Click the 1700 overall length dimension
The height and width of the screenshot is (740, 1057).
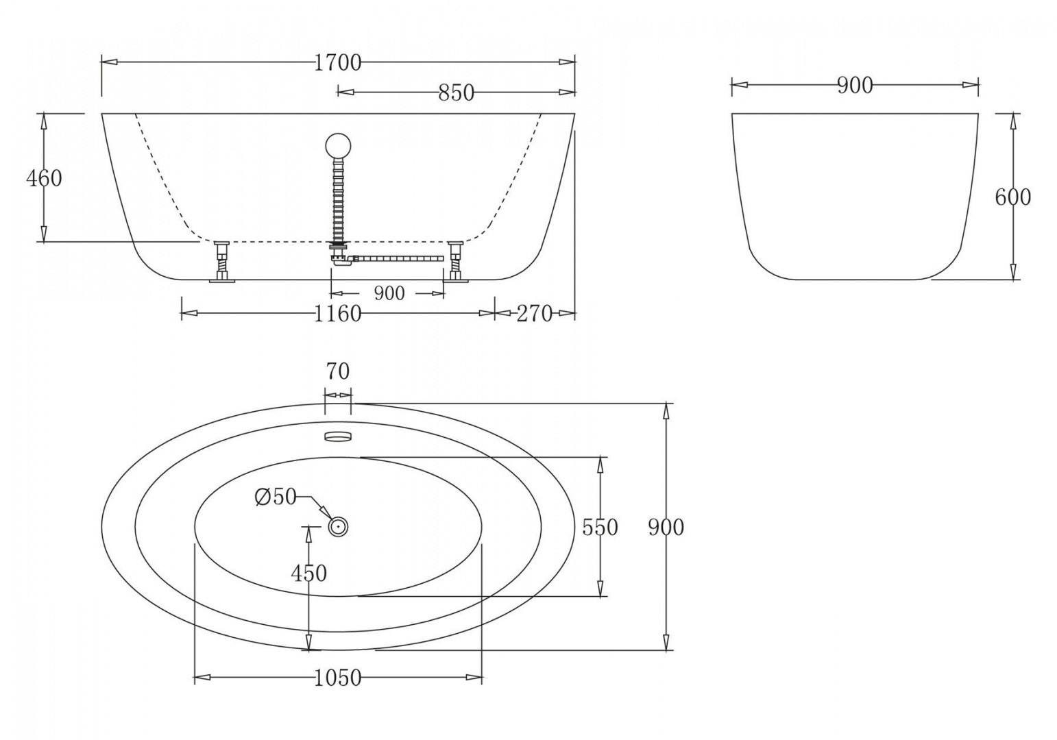pos(337,62)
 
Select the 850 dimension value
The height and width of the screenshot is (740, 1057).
pos(456,92)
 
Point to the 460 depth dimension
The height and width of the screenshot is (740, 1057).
pos(44,178)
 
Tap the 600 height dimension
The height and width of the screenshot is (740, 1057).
pos(1012,197)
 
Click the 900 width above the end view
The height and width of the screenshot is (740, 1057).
pos(855,86)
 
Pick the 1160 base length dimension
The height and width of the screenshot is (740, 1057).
pos(337,314)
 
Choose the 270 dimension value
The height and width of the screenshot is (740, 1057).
pos(534,314)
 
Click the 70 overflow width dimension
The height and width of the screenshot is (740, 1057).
pos(337,371)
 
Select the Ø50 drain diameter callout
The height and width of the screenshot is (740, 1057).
pos(275,497)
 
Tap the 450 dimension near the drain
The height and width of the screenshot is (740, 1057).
pos(308,573)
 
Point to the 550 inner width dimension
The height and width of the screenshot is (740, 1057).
pos(600,527)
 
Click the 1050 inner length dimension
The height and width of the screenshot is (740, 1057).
pos(337,678)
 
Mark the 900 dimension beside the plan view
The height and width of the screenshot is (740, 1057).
pos(666,527)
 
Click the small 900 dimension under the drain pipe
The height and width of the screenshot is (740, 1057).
pos(389,293)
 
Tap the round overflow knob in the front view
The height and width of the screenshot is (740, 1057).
pos(338,145)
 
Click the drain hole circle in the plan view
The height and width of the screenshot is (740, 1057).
pos(338,527)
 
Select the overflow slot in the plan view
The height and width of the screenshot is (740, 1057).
pos(337,435)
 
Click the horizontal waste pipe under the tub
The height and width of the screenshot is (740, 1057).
pos(398,259)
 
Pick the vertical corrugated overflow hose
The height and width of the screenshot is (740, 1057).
pos(339,199)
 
